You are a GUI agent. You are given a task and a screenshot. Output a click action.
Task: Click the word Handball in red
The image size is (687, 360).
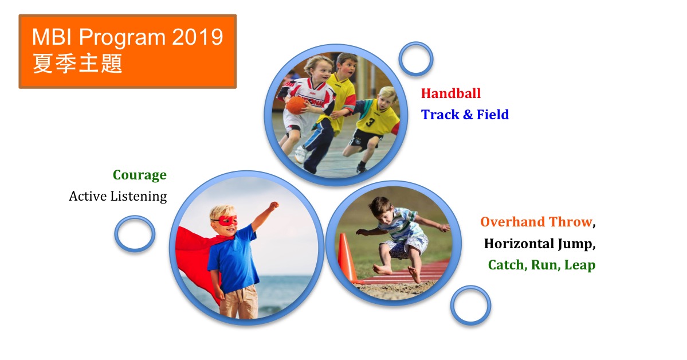pos(450,93)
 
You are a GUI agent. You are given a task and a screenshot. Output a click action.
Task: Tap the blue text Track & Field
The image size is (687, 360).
pos(465,115)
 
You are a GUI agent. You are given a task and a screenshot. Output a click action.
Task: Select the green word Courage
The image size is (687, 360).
pos(140,175)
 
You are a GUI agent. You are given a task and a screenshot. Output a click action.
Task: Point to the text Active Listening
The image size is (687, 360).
pos(118,196)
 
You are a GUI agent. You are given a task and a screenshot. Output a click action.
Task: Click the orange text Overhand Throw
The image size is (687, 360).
pos(536,222)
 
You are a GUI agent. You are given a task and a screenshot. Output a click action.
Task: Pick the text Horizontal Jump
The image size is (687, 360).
pos(538,244)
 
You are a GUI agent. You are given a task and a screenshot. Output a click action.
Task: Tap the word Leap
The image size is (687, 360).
pos(580,265)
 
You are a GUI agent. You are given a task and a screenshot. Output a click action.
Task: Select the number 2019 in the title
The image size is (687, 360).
pos(198,37)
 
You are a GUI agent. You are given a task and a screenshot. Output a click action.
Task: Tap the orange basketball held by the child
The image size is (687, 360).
pos(296,105)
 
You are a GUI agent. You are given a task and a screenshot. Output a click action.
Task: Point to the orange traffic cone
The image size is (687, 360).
pos(347,259)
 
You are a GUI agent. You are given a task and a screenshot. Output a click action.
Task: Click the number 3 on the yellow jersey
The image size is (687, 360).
pos(371,122)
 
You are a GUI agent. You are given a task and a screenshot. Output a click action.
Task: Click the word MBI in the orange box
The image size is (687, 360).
pos(53,37)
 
